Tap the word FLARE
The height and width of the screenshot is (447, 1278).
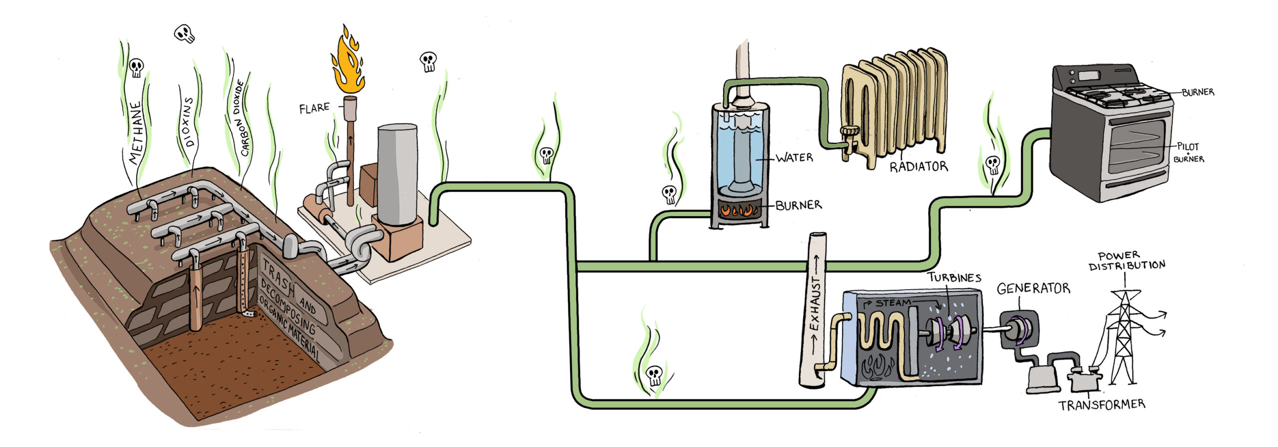click(x=314, y=108)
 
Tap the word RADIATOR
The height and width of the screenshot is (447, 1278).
click(x=918, y=166)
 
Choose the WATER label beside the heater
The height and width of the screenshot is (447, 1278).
click(x=794, y=158)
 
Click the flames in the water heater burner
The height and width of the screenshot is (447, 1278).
click(x=739, y=210)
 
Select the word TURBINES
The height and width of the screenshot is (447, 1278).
click(x=954, y=278)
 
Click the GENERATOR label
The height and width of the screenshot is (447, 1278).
click(x=1033, y=289)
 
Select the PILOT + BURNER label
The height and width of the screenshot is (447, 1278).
click(x=1188, y=152)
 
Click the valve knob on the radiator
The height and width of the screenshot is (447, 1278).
click(x=847, y=131)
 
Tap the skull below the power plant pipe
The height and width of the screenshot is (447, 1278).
click(x=654, y=375)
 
